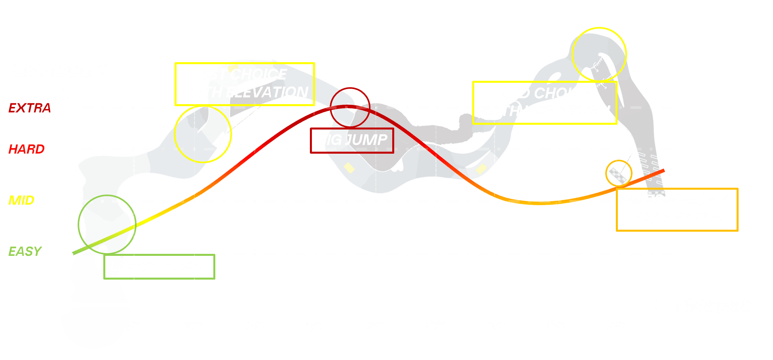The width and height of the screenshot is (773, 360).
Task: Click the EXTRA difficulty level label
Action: [30, 108]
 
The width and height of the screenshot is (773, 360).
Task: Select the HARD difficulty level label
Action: [27, 149]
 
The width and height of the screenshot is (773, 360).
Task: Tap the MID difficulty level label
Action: [21, 200]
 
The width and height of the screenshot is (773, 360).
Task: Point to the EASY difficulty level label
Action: [25, 251]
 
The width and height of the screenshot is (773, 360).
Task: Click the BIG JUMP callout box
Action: [352, 140]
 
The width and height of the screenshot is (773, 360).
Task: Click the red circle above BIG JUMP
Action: [350, 107]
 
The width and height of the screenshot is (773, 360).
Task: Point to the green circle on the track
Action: [107, 224]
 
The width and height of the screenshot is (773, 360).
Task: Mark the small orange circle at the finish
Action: [619, 173]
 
